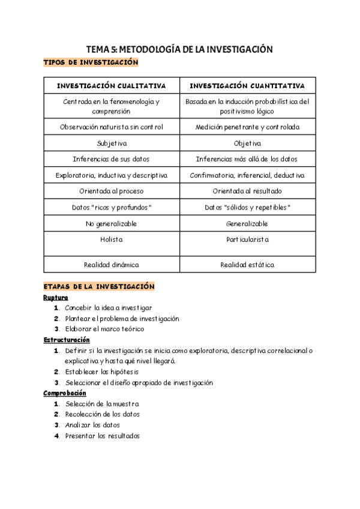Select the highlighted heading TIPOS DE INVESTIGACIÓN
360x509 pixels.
pyautogui.click(x=91, y=62)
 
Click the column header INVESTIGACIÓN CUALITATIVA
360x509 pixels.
pyautogui.click(x=112, y=86)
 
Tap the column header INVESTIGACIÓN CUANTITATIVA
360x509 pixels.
pyautogui.click(x=247, y=86)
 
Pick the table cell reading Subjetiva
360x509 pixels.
pyautogui.click(x=112, y=143)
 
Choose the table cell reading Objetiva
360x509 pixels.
pyautogui.click(x=247, y=143)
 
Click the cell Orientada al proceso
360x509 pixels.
pyautogui.click(x=112, y=191)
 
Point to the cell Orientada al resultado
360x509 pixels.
pyautogui.click(x=247, y=191)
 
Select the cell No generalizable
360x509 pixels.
pyautogui.click(x=112, y=224)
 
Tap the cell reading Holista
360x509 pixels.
pyautogui.click(x=112, y=239)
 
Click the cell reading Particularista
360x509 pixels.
pyautogui.click(x=247, y=239)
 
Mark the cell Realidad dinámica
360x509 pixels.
pyautogui.click(x=112, y=265)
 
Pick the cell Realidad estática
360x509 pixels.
pyautogui.click(x=247, y=265)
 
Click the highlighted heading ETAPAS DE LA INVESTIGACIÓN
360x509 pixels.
pyautogui.click(x=100, y=287)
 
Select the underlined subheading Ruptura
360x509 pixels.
pyautogui.click(x=56, y=298)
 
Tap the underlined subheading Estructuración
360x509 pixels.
pyautogui.click(x=65, y=340)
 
